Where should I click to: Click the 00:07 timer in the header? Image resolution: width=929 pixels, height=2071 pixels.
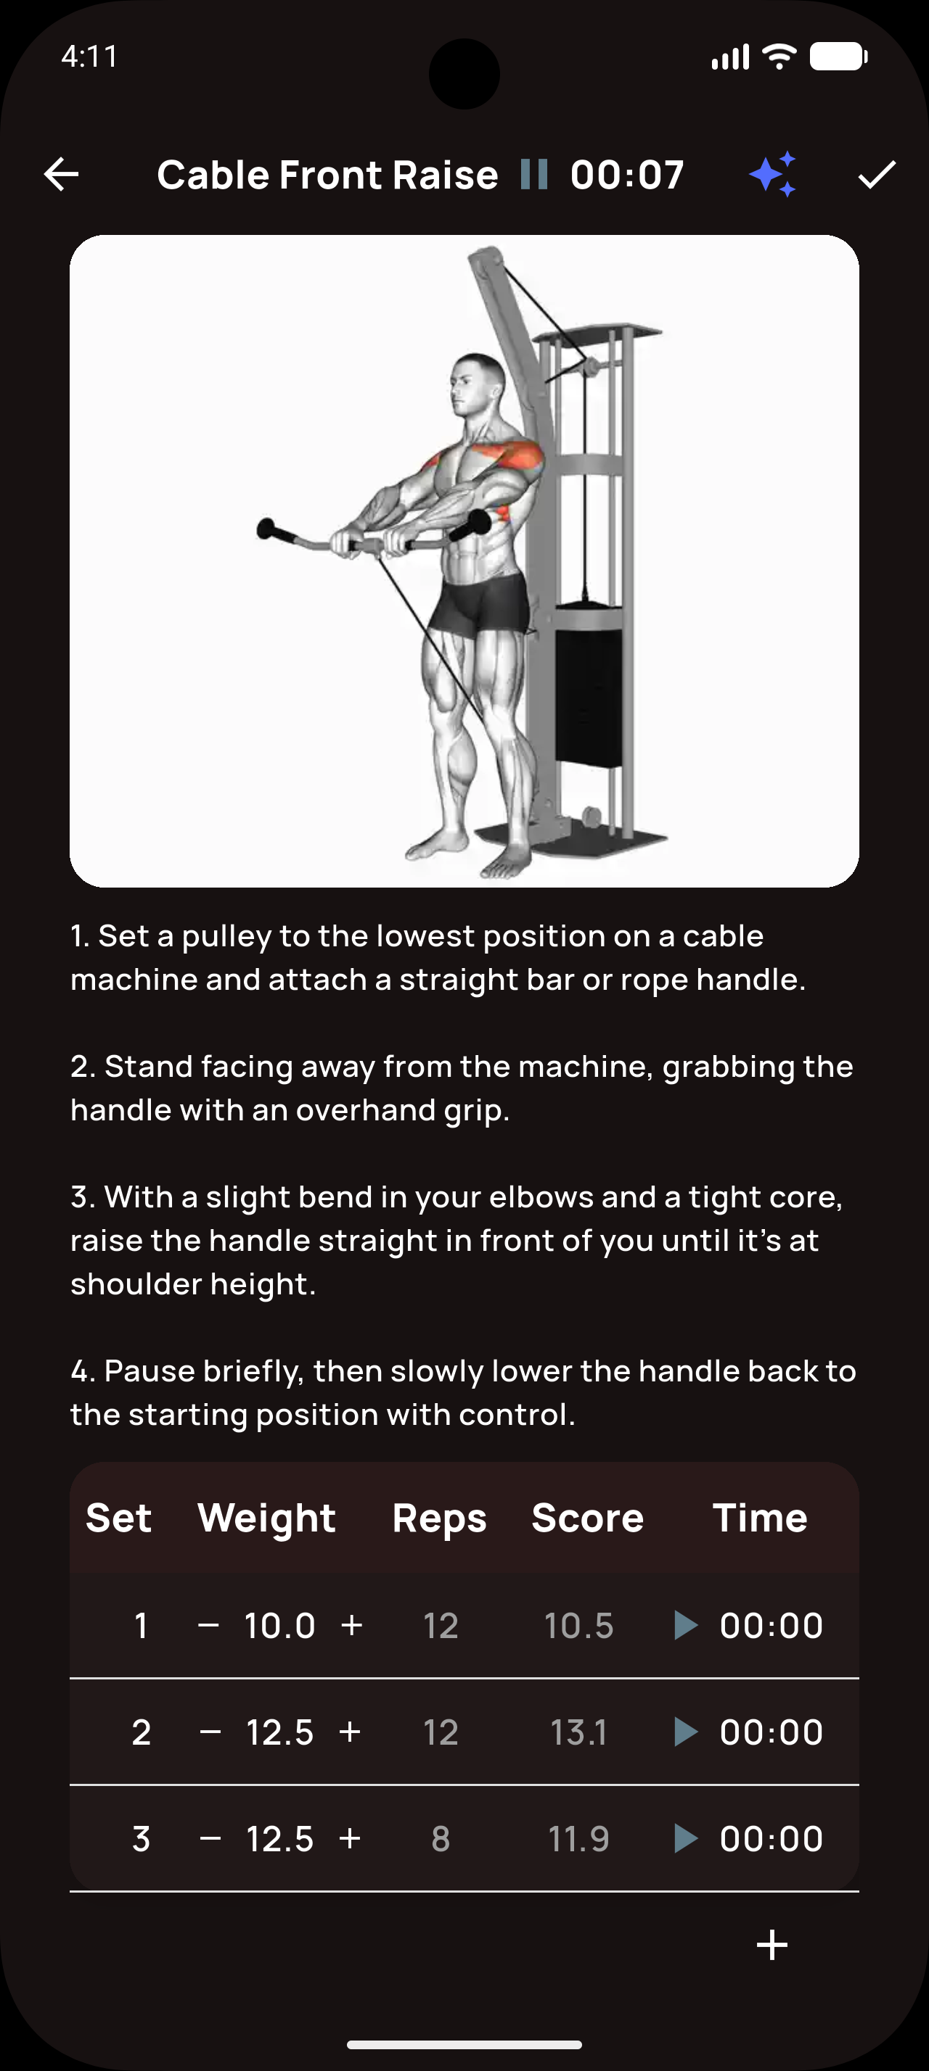point(626,175)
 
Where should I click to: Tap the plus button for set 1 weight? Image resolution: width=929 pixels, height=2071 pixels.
point(351,1626)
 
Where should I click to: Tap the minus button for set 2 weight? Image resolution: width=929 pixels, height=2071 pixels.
point(210,1732)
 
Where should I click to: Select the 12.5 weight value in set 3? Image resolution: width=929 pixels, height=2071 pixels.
point(280,1839)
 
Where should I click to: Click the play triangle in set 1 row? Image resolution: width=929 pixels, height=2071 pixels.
point(684,1626)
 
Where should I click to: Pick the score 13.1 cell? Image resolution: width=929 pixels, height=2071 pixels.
point(578,1732)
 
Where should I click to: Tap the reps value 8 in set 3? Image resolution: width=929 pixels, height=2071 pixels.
point(440,1839)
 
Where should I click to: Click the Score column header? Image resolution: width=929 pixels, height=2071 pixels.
point(587,1518)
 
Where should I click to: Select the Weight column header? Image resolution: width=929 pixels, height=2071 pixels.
point(266,1518)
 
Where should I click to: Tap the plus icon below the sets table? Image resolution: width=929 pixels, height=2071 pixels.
point(772,1945)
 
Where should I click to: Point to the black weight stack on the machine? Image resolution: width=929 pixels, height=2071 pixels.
point(588,695)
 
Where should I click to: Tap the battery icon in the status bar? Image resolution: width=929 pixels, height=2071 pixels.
point(838,57)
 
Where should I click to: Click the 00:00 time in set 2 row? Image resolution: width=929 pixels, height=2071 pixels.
point(771,1732)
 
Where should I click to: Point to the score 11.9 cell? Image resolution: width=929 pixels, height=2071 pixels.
point(578,1839)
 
